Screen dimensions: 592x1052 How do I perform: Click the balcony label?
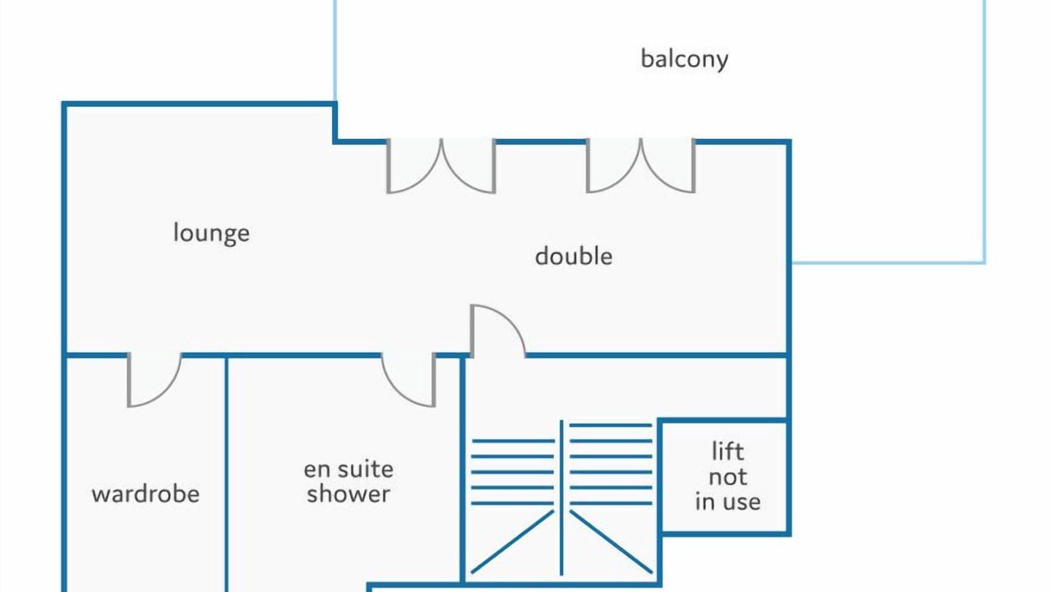[x=684, y=59]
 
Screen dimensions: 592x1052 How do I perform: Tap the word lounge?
[x=211, y=233]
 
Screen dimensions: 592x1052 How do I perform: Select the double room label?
[x=573, y=256]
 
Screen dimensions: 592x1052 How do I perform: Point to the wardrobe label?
[x=145, y=494]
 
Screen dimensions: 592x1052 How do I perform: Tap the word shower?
[x=348, y=494]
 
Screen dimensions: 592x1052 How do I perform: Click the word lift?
[x=727, y=451]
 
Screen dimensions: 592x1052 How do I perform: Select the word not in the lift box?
[x=727, y=477]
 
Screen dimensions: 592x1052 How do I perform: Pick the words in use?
[x=727, y=502]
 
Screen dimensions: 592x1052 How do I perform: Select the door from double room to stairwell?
[x=497, y=331]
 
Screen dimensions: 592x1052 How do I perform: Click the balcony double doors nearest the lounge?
[x=441, y=167]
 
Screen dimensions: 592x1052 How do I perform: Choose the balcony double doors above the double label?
[x=640, y=167]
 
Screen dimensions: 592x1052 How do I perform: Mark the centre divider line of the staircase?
[x=561, y=497]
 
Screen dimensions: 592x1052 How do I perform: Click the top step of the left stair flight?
[x=512, y=442]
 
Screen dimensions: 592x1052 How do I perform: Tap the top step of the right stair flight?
[x=611, y=426]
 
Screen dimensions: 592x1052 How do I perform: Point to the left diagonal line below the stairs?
[x=512, y=542]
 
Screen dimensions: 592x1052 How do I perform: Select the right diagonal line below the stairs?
[x=611, y=542]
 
